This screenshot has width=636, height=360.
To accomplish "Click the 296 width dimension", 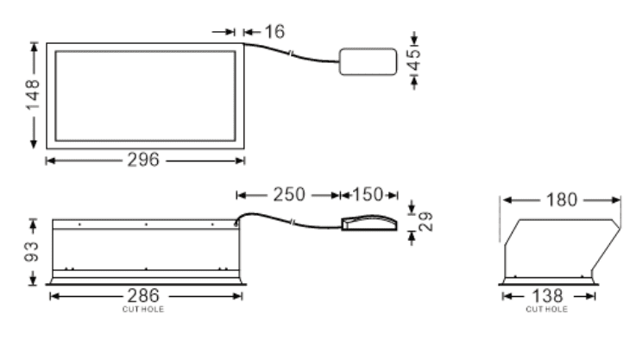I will [x=143, y=160].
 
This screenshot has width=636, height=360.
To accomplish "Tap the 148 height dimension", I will [x=33, y=95].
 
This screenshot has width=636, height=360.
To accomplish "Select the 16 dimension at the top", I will [x=274, y=32].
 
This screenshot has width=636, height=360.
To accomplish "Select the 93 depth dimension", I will [x=33, y=251].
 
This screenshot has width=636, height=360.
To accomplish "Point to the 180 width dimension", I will [x=561, y=200].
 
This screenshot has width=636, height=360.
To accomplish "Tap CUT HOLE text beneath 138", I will [x=547, y=308].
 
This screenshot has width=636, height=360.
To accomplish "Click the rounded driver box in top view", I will [x=367, y=60].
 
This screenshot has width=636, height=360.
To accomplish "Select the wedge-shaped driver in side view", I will [x=369, y=224].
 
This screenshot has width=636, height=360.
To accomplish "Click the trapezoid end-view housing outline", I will [x=561, y=246].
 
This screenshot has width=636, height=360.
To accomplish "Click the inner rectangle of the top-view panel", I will [x=145, y=95].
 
